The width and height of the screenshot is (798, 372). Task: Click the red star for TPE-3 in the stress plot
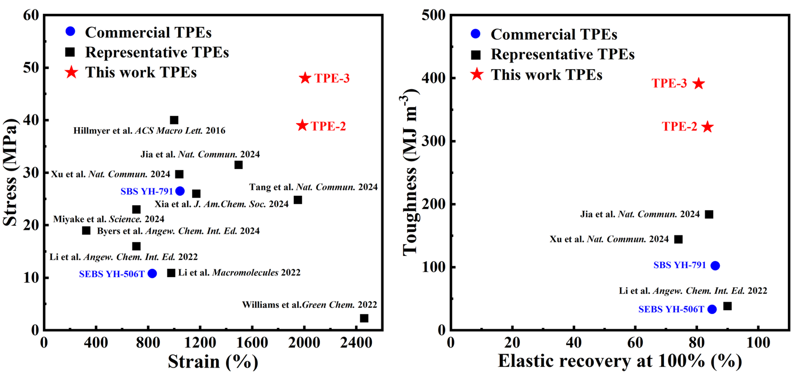pyautogui.click(x=305, y=78)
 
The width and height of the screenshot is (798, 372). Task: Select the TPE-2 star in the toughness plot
pyautogui.click(x=708, y=127)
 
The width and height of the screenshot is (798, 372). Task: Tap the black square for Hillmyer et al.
pyautogui.click(x=174, y=120)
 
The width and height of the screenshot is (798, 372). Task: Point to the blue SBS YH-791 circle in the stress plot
pyautogui.click(x=180, y=191)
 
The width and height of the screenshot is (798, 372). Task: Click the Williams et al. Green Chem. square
pyautogui.click(x=364, y=318)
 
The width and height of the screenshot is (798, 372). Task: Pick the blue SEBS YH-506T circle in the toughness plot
pyautogui.click(x=712, y=309)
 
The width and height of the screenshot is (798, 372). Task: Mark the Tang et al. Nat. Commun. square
pyautogui.click(x=298, y=200)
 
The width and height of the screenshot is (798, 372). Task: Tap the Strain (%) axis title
pyautogui.click(x=213, y=361)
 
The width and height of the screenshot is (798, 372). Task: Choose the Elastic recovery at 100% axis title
pyautogui.click(x=620, y=361)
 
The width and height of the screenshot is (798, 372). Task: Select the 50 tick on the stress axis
pyautogui.click(x=32, y=67)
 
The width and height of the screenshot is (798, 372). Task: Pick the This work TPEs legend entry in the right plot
pyautogui.click(x=546, y=74)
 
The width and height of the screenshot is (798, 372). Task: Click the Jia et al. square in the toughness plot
pyautogui.click(x=709, y=214)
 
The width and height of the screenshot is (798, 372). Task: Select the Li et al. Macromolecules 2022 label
pyautogui.click(x=239, y=273)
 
